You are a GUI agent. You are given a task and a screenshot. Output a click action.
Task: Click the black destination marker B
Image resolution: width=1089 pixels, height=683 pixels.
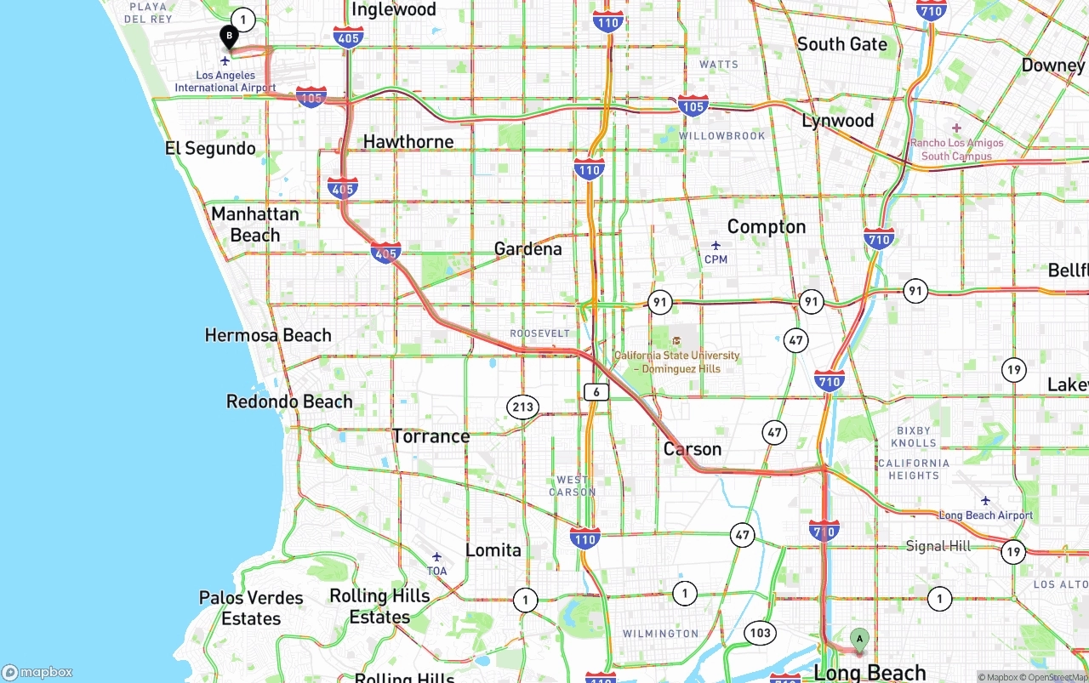(229, 37)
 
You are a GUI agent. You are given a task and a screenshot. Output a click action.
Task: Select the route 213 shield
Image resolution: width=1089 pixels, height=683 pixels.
(522, 407)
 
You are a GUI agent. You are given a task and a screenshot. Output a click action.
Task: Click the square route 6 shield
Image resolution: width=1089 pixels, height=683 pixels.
(596, 391)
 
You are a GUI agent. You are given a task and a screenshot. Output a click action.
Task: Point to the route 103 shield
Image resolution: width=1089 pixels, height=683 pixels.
(760, 633)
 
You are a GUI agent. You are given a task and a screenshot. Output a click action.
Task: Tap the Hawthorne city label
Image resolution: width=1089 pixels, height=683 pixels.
(408, 141)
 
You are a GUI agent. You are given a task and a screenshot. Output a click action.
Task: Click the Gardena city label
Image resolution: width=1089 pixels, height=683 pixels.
(527, 248)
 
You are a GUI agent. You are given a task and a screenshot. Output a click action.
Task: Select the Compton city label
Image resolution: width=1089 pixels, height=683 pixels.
(766, 226)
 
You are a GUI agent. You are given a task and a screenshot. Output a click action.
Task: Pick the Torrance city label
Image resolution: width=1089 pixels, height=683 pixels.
(430, 436)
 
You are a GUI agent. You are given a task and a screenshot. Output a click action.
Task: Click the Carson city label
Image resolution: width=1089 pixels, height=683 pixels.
(692, 449)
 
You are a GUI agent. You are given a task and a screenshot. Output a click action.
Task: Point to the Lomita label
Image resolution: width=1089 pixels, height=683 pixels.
(493, 550)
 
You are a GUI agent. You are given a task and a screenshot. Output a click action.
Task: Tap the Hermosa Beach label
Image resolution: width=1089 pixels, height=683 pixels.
(268, 335)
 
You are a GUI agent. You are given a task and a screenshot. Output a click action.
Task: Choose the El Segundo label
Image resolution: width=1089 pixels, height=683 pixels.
(210, 149)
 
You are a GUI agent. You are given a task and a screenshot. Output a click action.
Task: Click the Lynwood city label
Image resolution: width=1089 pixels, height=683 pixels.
(837, 121)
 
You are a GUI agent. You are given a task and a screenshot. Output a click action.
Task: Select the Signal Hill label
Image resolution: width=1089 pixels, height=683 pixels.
(938, 545)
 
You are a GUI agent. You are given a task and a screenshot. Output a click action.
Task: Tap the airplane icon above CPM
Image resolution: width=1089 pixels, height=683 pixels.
(716, 245)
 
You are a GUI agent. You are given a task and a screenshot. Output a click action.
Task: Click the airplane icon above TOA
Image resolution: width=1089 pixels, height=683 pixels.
(436, 556)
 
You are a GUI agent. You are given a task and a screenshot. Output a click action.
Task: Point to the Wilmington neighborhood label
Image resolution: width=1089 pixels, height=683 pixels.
(660, 634)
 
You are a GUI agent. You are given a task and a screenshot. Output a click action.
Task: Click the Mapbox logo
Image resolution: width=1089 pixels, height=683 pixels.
(37, 672)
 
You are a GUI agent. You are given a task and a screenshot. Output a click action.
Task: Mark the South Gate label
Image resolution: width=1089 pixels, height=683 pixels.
(841, 44)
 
